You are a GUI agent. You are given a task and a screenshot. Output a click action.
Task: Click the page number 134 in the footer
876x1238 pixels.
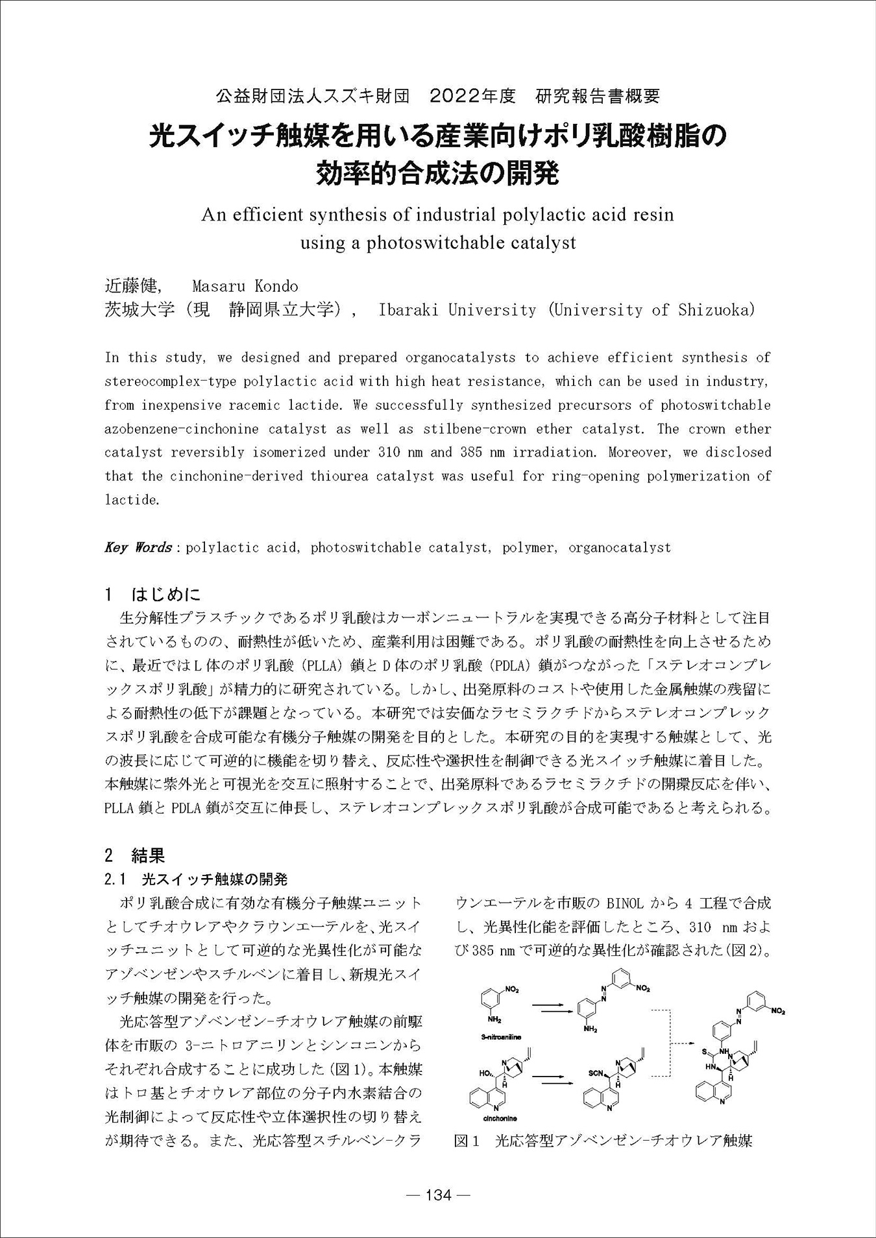point(437,1195)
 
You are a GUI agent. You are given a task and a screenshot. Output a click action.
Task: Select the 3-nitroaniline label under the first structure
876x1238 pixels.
point(502,1038)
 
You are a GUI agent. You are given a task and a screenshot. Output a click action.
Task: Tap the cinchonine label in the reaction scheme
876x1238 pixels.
point(500,1118)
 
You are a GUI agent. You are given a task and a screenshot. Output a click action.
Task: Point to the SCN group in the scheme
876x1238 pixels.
point(596,1073)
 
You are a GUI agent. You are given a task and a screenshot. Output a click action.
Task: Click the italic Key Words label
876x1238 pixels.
point(138,547)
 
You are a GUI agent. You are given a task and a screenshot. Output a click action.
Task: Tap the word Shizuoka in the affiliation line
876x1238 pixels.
point(716,310)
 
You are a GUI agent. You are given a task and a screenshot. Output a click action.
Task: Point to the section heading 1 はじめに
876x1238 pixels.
point(153,594)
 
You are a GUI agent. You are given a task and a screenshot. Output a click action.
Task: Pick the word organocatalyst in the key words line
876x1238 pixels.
point(619,547)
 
